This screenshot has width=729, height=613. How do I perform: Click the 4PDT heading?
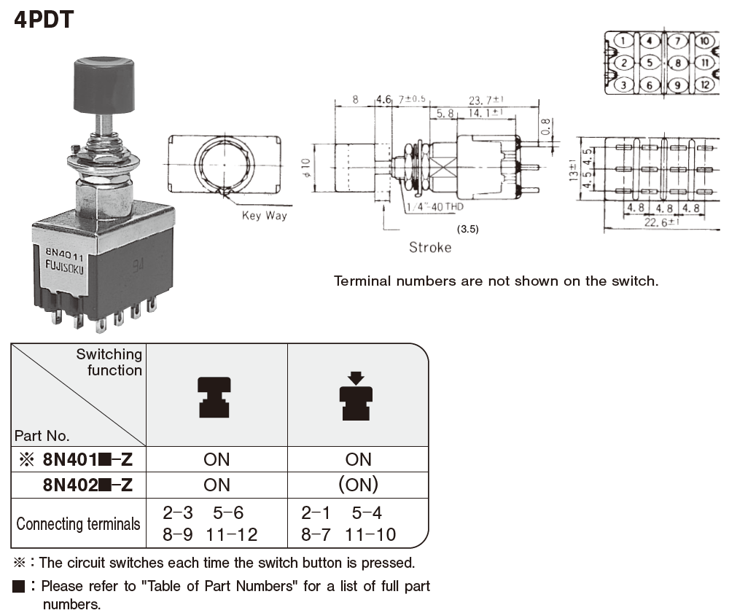(44, 19)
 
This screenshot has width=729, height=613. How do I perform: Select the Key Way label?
(265, 215)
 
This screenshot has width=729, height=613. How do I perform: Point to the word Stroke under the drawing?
(429, 247)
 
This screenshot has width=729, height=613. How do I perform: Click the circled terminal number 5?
(650, 63)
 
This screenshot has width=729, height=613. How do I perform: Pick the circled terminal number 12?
(704, 85)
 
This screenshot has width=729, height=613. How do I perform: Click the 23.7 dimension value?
(482, 100)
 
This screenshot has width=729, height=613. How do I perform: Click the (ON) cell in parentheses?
(358, 484)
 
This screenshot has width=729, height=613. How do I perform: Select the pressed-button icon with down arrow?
(356, 396)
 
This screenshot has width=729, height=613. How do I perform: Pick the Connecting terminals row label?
(78, 523)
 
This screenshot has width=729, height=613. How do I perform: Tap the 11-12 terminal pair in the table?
(232, 534)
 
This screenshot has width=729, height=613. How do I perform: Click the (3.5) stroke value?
(467, 229)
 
